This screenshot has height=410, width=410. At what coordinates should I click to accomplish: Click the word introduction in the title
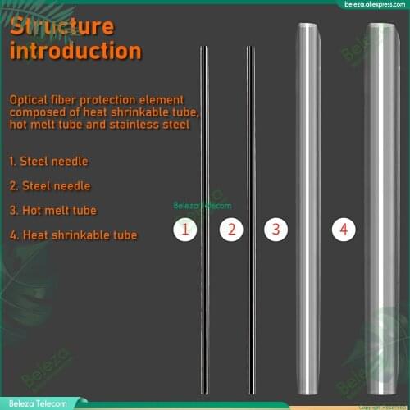coord(75,51)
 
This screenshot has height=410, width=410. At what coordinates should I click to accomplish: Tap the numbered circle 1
coord(185,230)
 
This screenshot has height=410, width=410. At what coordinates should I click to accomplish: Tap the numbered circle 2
coord(231,230)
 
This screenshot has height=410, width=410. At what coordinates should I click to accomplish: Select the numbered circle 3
coord(276,230)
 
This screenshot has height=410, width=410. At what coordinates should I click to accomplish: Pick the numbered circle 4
coord(344,230)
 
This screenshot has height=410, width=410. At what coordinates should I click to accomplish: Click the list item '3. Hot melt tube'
coord(52,211)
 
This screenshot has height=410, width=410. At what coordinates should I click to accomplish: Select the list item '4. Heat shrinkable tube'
coord(73,235)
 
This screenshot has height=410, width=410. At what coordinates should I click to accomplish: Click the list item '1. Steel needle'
coord(48,162)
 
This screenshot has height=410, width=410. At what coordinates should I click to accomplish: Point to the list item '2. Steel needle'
coord(49,186)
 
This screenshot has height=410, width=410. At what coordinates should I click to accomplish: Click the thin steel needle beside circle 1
coord(204,164)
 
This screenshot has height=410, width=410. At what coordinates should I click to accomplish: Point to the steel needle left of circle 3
coord(251,164)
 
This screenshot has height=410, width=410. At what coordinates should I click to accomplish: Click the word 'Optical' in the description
coord(31,99)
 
